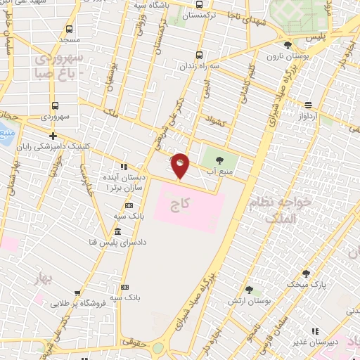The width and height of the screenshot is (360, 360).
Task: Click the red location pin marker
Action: click(x=180, y=166)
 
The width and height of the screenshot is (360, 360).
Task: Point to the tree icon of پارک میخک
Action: click(x=305, y=274)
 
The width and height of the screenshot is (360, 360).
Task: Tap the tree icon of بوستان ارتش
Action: click(x=249, y=290)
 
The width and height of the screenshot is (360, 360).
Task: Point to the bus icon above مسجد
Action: click(x=69, y=30)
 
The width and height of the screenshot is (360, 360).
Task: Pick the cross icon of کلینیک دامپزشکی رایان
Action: click(x=53, y=136)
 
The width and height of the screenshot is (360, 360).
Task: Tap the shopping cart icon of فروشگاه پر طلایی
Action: click(x=77, y=294)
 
